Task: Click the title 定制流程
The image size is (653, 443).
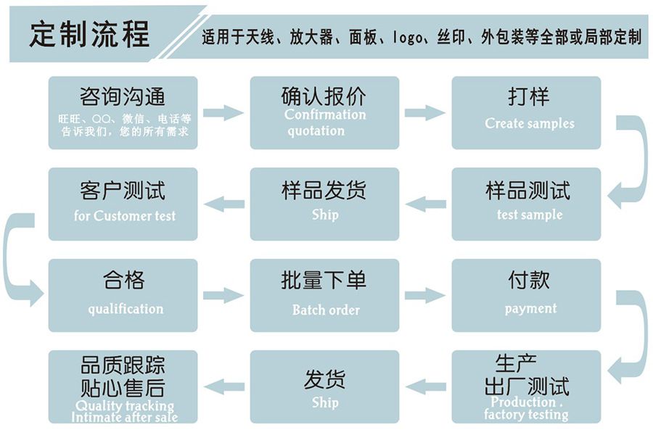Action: pyautogui.click(x=89, y=33)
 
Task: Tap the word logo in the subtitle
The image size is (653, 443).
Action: pyautogui.click(x=408, y=37)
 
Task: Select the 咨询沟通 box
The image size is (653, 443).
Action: pyautogui.click(x=123, y=112)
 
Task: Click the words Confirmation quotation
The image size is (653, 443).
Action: pyautogui.click(x=324, y=123)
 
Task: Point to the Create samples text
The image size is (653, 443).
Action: pyautogui.click(x=529, y=123)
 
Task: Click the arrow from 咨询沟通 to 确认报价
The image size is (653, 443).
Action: pyautogui.click(x=223, y=112)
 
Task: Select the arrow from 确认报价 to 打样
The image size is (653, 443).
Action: pyautogui.click(x=424, y=112)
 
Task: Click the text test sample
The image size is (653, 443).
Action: pyautogui.click(x=529, y=215)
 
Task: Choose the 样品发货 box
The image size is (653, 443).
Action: pyautogui.click(x=324, y=204)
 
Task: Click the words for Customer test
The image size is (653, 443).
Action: pyautogui.click(x=124, y=215)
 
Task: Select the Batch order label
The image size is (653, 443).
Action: pyautogui.click(x=326, y=310)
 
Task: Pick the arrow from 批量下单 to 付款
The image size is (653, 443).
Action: pyautogui.click(x=424, y=295)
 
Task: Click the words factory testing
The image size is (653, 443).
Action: pyautogui.click(x=526, y=415)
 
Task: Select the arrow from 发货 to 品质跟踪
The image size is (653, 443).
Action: pyautogui.click(x=223, y=386)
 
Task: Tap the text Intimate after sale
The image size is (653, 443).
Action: pyautogui.click(x=124, y=417)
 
